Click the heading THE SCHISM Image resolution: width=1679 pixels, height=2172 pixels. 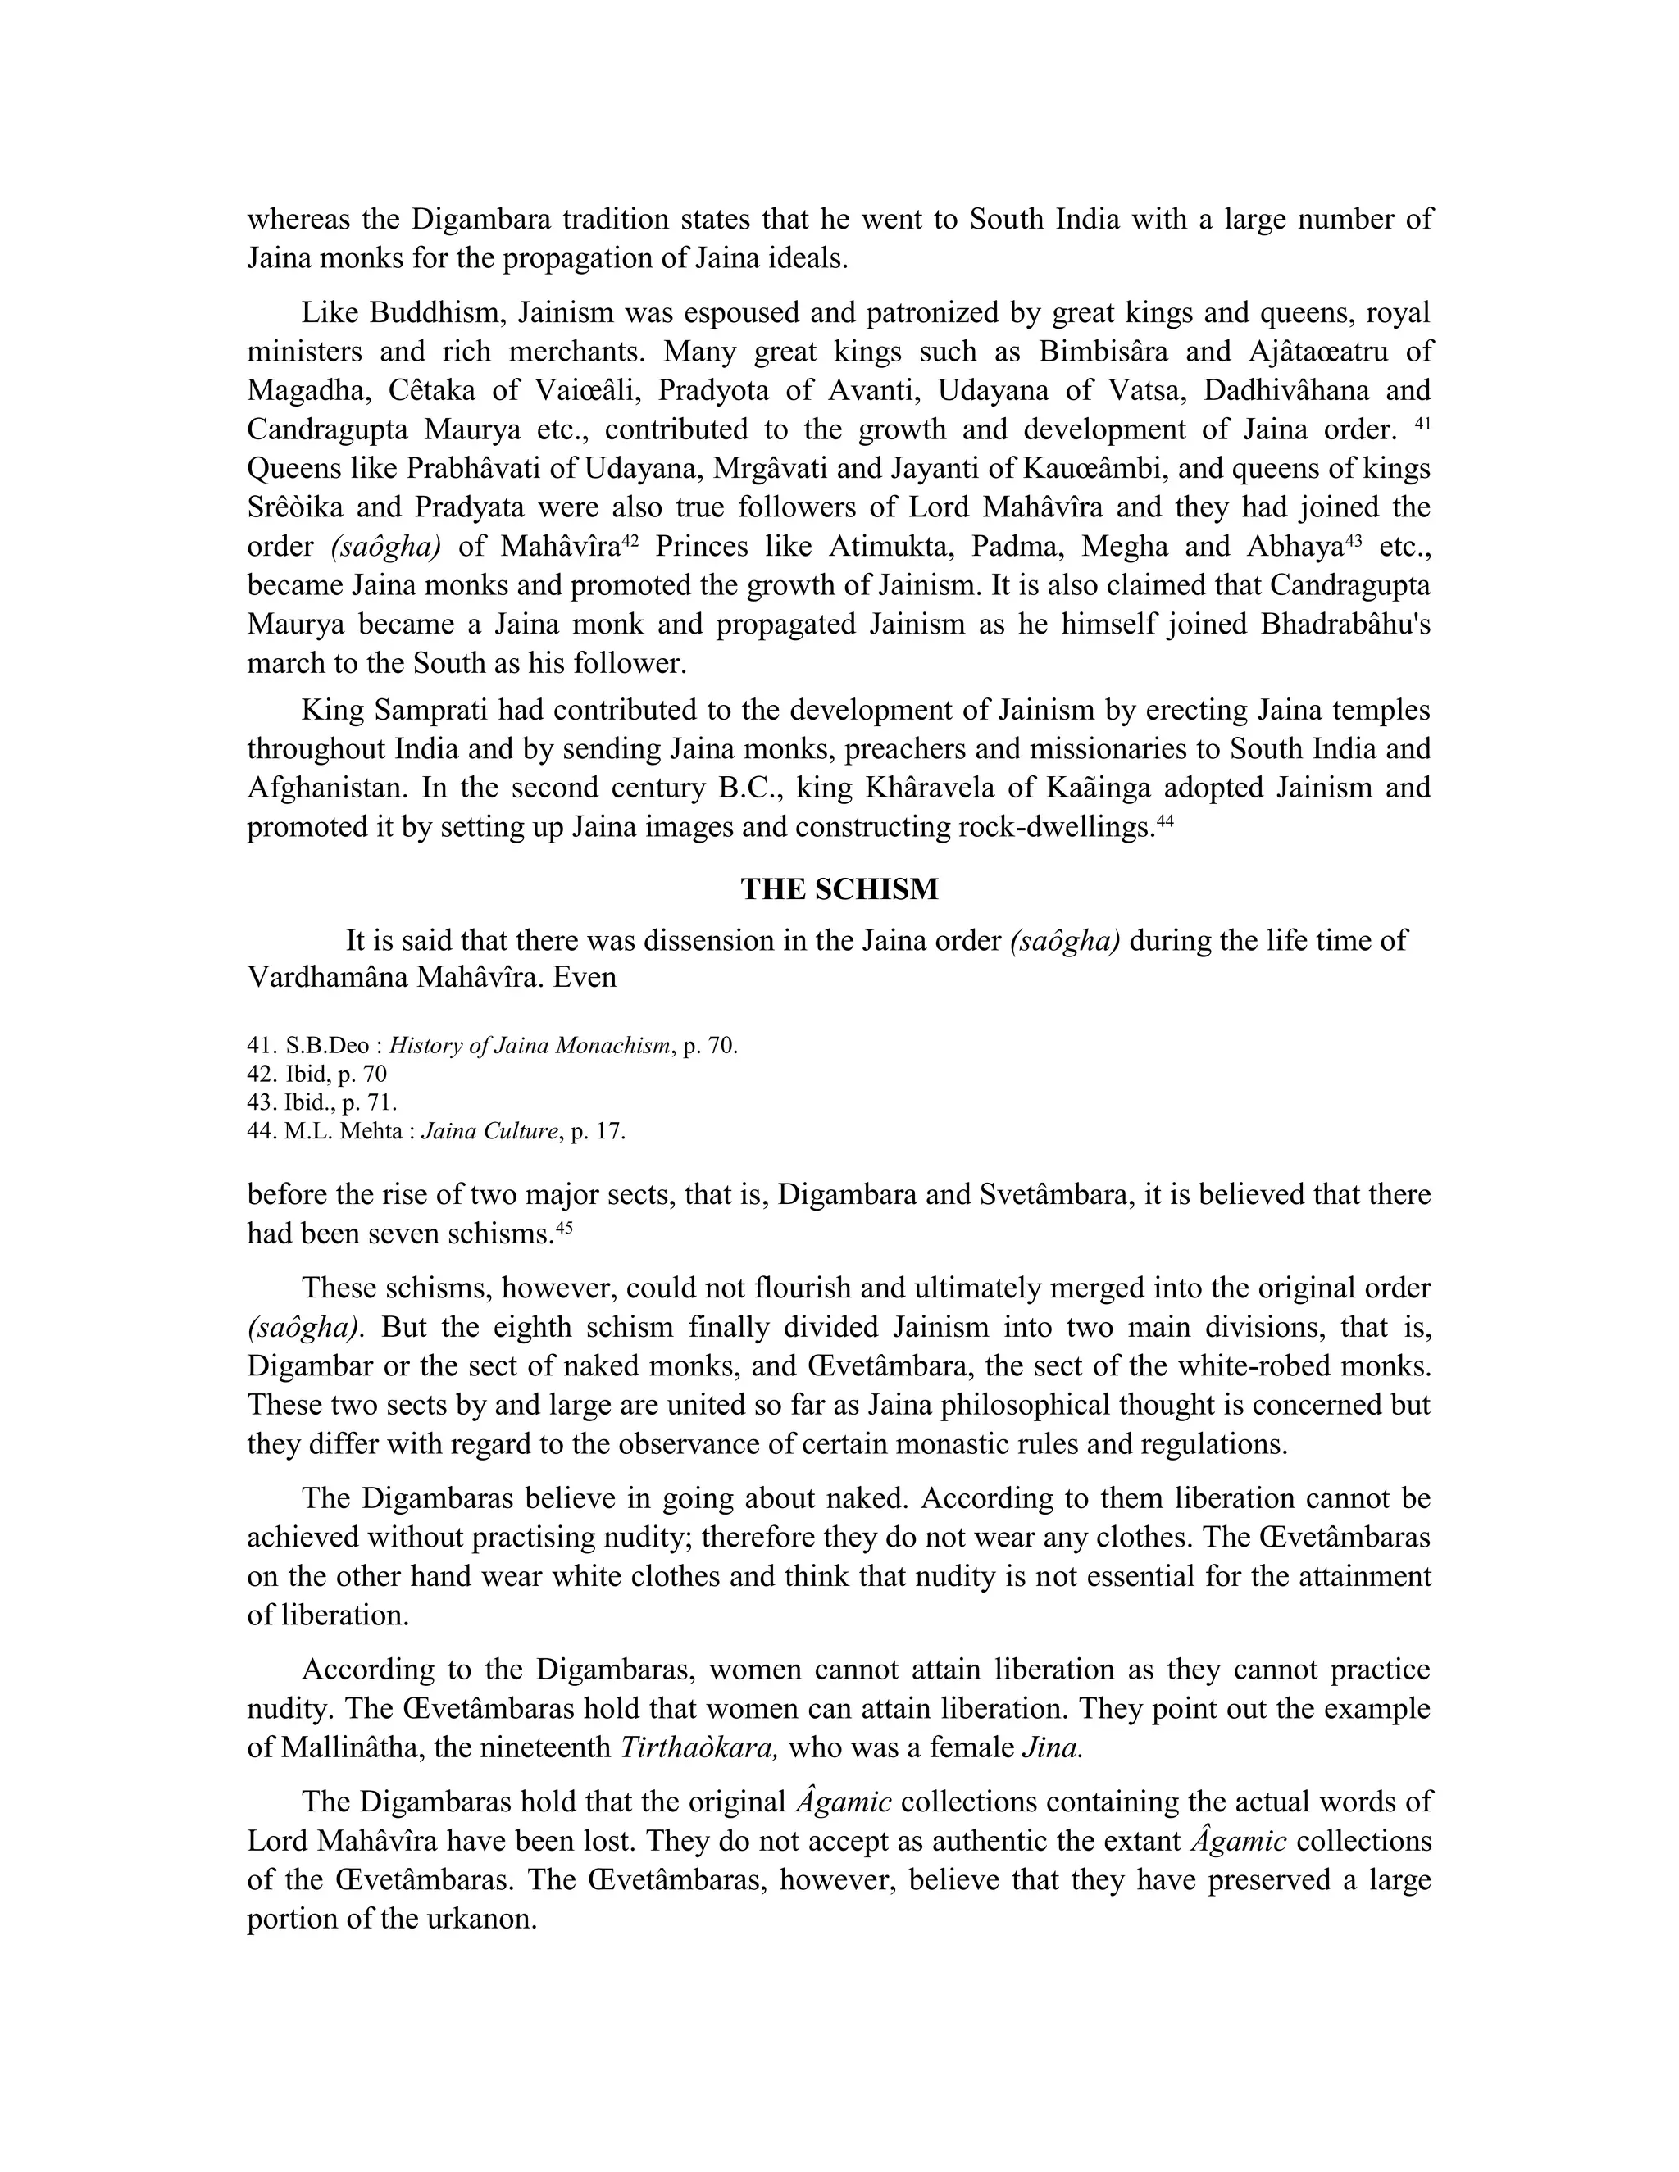839,888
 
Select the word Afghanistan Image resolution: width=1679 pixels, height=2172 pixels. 327,788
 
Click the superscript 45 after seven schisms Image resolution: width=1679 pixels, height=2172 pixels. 564,1227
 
